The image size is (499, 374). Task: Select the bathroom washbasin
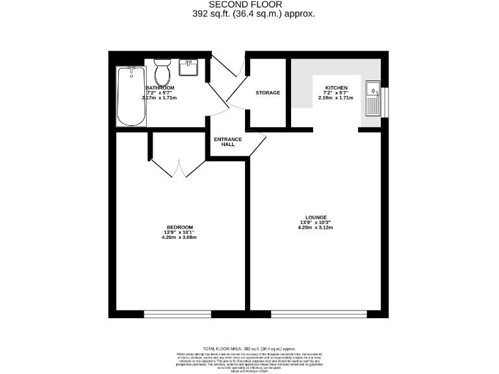(x=189, y=68)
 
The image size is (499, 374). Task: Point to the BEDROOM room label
(x=179, y=227)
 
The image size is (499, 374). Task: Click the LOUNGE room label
(x=315, y=218)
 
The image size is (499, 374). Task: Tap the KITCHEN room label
(x=336, y=88)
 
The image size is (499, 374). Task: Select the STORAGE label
(x=268, y=93)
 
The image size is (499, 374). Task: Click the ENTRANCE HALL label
(x=227, y=142)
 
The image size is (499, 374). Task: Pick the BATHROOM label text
(x=160, y=88)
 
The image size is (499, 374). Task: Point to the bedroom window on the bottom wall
(x=179, y=314)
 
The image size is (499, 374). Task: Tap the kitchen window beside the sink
(x=383, y=99)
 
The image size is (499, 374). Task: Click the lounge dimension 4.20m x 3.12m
(x=315, y=227)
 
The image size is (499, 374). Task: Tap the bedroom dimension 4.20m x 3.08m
(x=179, y=237)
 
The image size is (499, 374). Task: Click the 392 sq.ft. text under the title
(x=253, y=14)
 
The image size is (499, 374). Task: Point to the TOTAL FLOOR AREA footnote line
(x=250, y=349)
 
